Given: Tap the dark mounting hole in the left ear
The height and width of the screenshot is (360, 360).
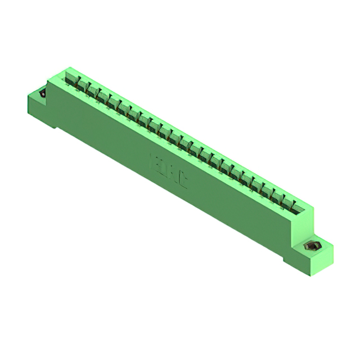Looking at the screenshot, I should coord(43,93).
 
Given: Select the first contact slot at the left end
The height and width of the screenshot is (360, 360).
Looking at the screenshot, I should coord(73,79).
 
